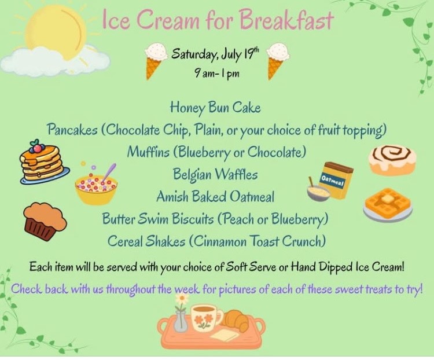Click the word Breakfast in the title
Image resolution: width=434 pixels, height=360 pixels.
click(286, 19)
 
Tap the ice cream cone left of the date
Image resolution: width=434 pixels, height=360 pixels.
click(156, 60)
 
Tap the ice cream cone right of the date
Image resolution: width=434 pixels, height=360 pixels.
click(277, 61)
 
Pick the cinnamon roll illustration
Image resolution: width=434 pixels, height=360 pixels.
click(392, 160)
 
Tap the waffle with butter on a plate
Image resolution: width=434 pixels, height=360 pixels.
click(388, 204)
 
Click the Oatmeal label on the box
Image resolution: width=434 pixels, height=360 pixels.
click(332, 181)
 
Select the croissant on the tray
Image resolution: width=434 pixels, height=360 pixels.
click(236, 321)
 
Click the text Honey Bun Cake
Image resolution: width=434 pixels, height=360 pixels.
click(215, 108)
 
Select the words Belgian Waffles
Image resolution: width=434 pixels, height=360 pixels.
click(215, 174)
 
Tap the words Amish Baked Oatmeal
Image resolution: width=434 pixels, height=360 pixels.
click(215, 197)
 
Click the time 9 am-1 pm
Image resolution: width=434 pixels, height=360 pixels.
click(217, 74)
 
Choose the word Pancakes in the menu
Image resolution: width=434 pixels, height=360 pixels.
click(72, 130)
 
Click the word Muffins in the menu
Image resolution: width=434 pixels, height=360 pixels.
click(148, 152)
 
